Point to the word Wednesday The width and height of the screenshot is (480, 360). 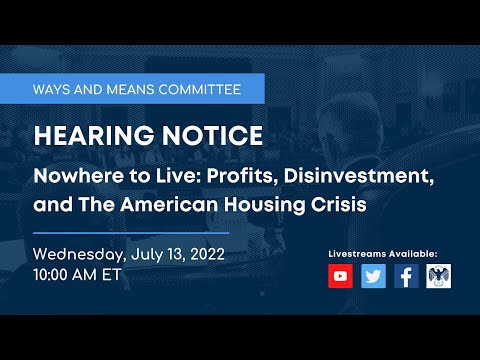coord(78,253)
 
